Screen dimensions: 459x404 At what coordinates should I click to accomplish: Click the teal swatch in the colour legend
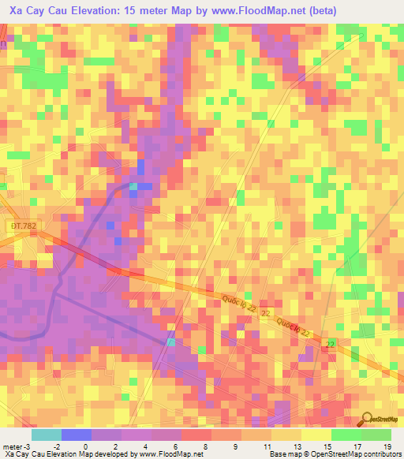point(46,435)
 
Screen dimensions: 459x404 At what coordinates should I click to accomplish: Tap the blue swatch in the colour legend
point(76,435)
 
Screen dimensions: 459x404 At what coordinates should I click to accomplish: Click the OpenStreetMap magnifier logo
point(366,419)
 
